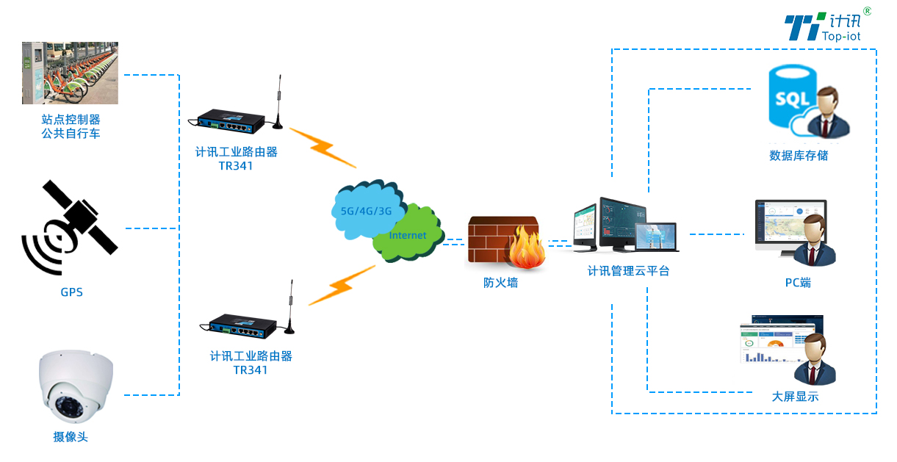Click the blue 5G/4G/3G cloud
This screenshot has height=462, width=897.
364,209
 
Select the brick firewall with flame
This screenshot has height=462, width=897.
505,242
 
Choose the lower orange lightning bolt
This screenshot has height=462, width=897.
341,286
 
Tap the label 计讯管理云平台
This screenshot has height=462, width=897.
628,271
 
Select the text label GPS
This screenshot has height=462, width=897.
71,292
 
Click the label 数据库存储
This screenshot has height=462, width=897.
799,156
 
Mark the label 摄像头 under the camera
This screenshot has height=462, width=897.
71,437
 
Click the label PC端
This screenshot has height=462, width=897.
798,283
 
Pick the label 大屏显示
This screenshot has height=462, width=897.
795,397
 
